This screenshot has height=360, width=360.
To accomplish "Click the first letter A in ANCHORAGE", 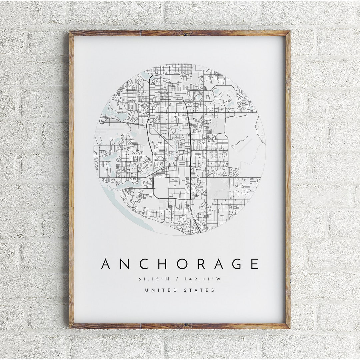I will point(106,264).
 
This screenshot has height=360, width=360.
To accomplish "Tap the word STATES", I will point(199,290).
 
